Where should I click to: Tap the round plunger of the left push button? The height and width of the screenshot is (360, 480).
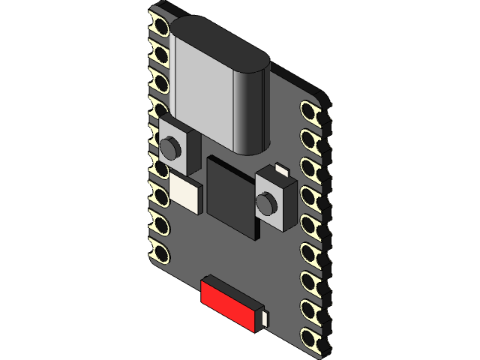click(x=170, y=147)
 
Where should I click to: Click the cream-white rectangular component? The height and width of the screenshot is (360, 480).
click(x=185, y=193)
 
